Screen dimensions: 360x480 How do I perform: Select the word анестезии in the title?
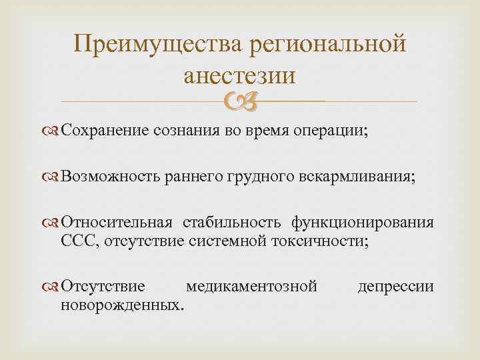[239, 75]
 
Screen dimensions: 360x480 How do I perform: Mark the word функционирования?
[361, 221]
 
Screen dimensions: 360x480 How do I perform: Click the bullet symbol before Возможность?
[52, 177]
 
